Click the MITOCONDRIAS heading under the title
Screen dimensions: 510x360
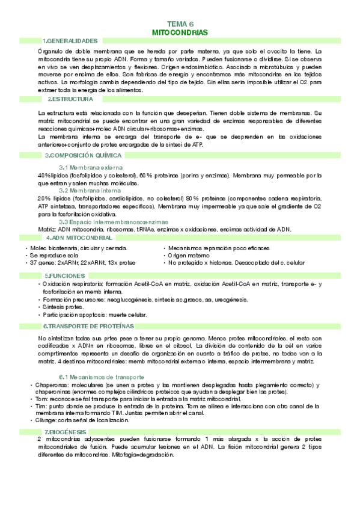click(180, 31)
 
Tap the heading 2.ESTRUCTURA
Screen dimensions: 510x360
click(71, 99)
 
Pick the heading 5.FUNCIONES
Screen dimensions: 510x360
click(67, 275)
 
